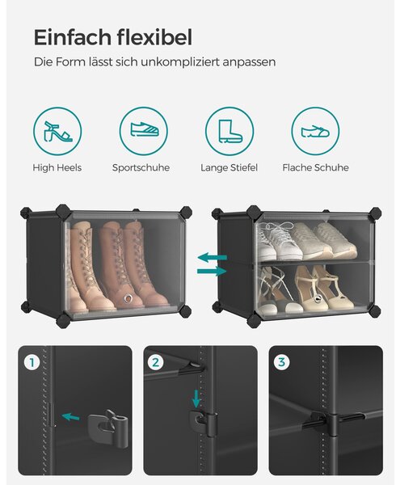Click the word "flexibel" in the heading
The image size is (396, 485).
point(154,37)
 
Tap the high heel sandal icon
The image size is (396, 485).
point(58,131)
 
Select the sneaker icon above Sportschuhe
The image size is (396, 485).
point(145,129)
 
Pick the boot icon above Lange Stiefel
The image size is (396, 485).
point(230,131)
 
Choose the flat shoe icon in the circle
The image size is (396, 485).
point(315,131)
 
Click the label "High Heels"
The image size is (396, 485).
point(57,167)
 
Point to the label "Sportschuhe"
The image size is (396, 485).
point(141,167)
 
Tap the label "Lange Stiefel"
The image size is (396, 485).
point(229,167)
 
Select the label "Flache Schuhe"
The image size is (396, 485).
point(316,167)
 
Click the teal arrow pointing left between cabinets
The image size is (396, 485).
point(213,257)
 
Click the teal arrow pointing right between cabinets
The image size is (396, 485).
point(212,272)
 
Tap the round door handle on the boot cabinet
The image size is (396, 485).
point(128,298)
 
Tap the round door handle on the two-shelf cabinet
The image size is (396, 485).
point(317,299)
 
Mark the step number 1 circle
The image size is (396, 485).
point(32,362)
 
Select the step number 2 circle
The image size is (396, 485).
point(156,362)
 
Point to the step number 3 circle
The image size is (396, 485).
point(281,362)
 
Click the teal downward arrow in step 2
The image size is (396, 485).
point(196,399)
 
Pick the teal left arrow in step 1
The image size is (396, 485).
point(71,417)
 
